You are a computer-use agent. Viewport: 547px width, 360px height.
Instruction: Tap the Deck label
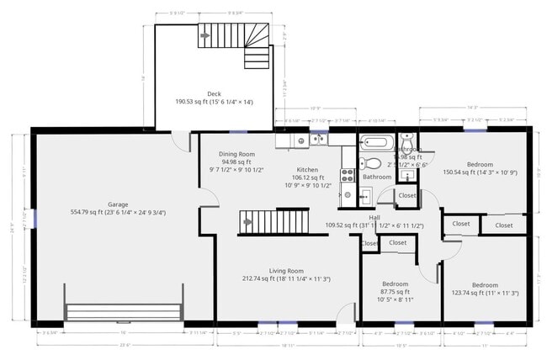[214, 94]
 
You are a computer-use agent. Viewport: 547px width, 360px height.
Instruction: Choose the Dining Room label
[236, 154]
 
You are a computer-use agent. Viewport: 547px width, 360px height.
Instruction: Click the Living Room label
[286, 271]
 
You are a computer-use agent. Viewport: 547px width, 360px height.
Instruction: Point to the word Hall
[374, 216]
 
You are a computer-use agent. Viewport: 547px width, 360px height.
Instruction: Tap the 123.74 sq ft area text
[484, 293]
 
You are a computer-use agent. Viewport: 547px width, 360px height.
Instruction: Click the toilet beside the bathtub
[367, 163]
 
